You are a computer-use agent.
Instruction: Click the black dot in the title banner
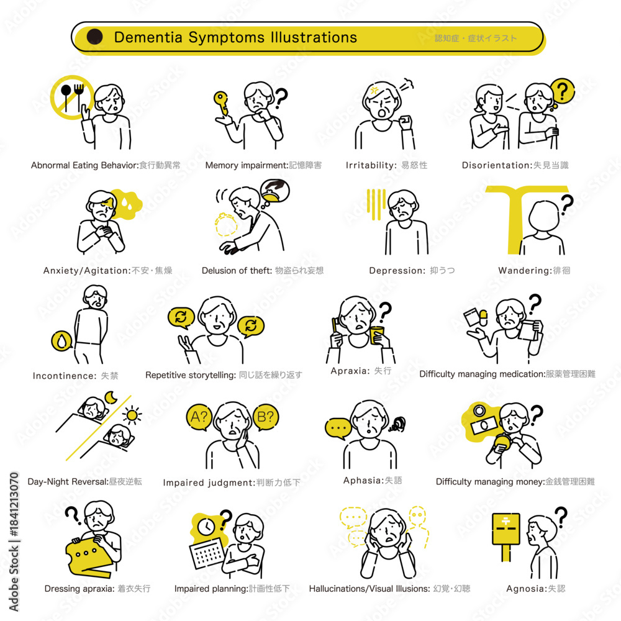(94, 37)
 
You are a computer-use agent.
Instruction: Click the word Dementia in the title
(148, 37)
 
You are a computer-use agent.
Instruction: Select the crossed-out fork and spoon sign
(72, 97)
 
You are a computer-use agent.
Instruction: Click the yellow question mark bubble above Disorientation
(562, 91)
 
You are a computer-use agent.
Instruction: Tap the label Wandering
(525, 271)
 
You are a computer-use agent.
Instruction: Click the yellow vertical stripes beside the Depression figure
(376, 204)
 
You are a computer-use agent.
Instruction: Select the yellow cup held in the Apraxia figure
(377, 335)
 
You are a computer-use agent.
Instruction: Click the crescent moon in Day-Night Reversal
(111, 397)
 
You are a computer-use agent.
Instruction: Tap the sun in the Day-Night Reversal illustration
(132, 415)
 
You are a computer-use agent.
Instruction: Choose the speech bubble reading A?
(199, 417)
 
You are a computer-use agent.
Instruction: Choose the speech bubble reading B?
(265, 417)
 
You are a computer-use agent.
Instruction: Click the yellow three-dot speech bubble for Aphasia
(338, 428)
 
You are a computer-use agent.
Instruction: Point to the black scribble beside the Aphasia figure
(397, 425)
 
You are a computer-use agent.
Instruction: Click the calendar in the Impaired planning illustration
(207, 554)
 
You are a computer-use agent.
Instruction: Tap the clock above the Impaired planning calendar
(206, 527)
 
